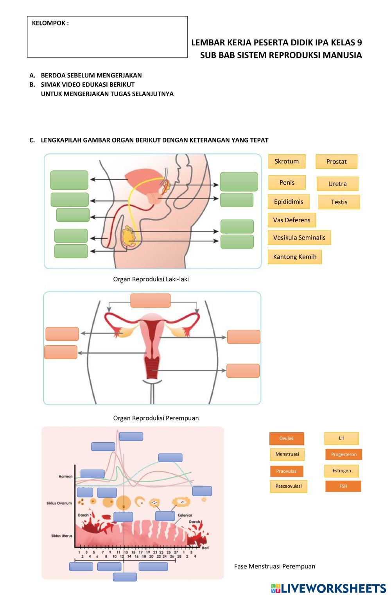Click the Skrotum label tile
(x=287, y=161)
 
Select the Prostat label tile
(x=336, y=162)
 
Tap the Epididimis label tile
(x=289, y=202)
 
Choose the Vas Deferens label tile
(x=292, y=220)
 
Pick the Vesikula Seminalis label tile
(x=299, y=238)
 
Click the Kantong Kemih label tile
(x=294, y=257)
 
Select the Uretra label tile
(x=337, y=184)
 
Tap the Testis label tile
(x=339, y=202)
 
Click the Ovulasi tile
(x=287, y=438)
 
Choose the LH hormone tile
(x=341, y=438)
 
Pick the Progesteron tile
(x=344, y=454)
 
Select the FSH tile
(x=343, y=486)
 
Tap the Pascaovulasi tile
(x=289, y=486)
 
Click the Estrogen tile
(x=341, y=470)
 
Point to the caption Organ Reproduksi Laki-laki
(x=151, y=279)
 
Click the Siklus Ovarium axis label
(x=59, y=503)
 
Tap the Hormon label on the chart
(x=66, y=476)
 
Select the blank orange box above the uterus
(x=151, y=301)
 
